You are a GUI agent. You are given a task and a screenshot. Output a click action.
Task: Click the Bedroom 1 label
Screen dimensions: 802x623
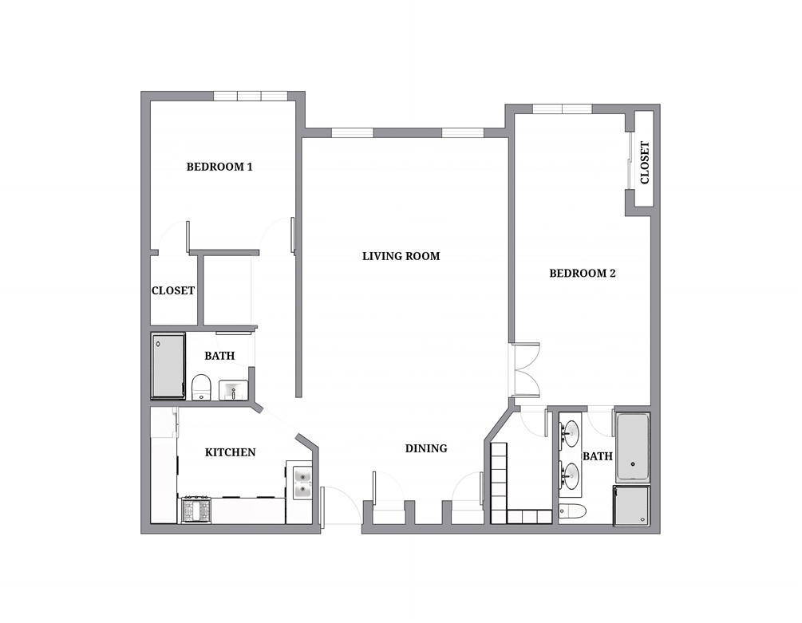tap(219, 167)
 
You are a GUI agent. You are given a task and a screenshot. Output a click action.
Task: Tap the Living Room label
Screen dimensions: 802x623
tap(401, 256)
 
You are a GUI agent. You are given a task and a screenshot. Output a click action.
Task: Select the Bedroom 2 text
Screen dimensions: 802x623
tap(582, 274)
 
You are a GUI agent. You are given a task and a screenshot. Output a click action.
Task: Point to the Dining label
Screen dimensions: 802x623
tap(426, 448)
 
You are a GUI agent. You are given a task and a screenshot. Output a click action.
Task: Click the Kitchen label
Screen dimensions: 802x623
tap(230, 452)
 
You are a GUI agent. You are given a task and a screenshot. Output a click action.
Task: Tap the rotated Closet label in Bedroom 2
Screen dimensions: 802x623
tap(645, 163)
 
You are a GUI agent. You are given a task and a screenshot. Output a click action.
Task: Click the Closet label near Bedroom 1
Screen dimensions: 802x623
tap(173, 291)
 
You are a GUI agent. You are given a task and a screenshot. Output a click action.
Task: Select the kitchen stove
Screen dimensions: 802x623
tap(196, 510)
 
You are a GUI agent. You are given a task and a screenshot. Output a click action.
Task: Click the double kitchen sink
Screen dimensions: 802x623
tap(302, 483)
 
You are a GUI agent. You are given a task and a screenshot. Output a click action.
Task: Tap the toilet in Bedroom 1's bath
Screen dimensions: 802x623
tap(201, 388)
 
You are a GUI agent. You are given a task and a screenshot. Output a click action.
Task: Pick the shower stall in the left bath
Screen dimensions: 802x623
tap(168, 366)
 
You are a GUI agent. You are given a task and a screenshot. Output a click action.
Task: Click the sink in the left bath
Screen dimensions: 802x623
tap(233, 390)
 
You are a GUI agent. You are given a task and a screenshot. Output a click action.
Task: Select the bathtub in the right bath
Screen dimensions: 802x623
tap(633, 448)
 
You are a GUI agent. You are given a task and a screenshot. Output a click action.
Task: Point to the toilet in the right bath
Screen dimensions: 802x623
tap(572, 511)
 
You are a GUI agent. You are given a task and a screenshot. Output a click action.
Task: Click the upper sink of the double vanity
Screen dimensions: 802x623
tap(569, 434)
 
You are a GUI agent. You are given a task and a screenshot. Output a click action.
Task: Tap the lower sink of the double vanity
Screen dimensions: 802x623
tap(569, 475)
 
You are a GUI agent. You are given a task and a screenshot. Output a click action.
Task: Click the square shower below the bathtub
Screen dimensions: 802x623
tap(632, 506)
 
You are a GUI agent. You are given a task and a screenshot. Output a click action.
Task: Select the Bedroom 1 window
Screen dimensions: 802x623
tap(250, 96)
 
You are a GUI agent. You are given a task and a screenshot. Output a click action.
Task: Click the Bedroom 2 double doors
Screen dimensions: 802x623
tap(523, 370)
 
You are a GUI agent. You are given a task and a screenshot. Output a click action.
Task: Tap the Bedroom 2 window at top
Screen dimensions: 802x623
tap(562, 108)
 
